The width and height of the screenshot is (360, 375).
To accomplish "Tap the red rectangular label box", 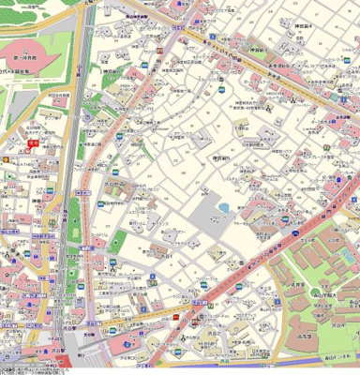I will click(x=34, y=143).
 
